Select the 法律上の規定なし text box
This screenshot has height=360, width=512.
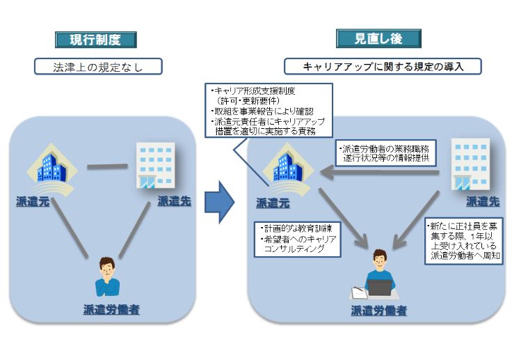pos(98,67)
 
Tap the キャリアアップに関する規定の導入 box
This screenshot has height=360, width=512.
pos(383,67)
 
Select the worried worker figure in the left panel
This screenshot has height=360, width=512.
pos(107,276)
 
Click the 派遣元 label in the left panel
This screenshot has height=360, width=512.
pos(33,201)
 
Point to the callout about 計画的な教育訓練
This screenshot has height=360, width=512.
pos(298,238)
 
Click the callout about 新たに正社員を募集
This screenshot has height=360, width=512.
pos(464,241)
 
